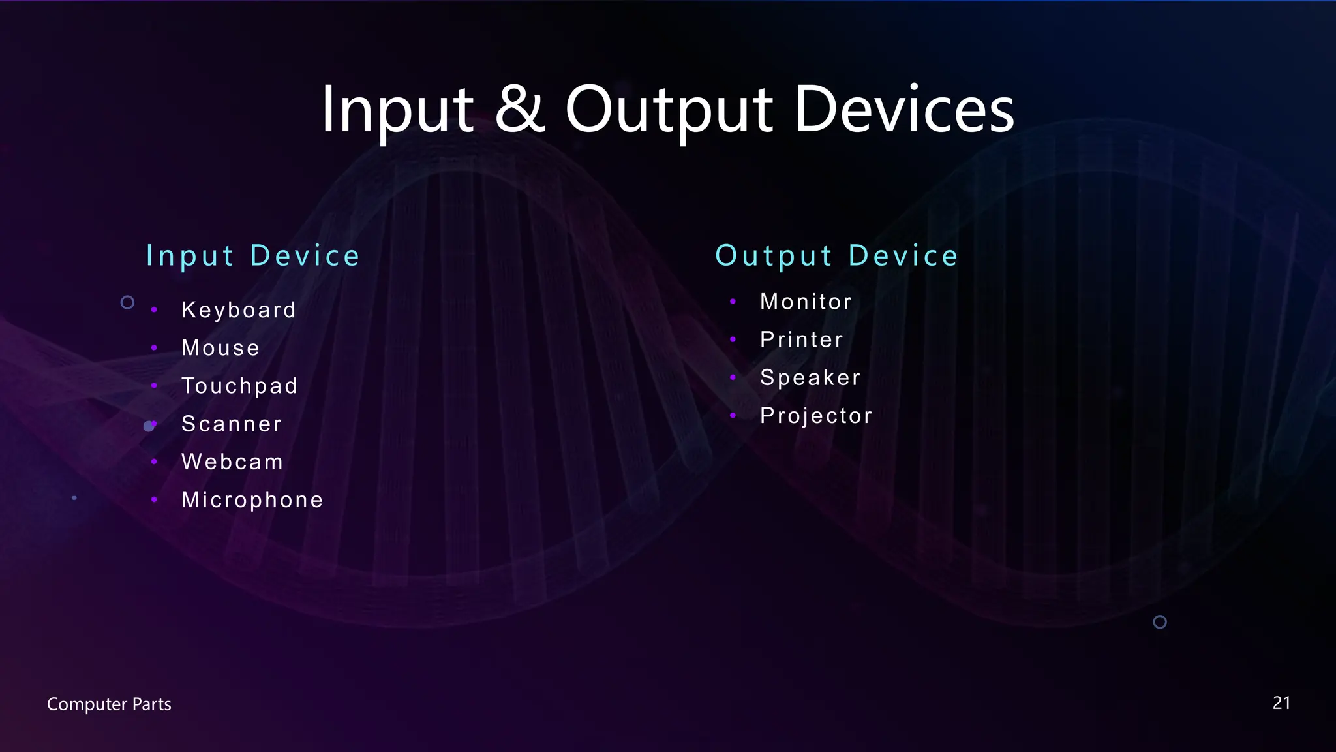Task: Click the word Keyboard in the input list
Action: coord(238,310)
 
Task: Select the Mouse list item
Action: coord(220,348)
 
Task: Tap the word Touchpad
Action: coord(239,386)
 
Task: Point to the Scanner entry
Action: coord(232,424)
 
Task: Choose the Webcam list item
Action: coord(232,462)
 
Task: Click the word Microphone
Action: coord(252,499)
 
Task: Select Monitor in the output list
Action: coord(806,302)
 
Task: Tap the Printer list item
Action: coord(802,339)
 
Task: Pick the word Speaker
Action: coord(810,377)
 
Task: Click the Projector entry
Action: coord(816,415)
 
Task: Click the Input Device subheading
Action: coord(252,255)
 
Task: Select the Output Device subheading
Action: coord(836,255)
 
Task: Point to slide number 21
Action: coord(1281,703)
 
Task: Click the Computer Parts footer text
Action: coord(109,704)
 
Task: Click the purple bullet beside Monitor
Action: coord(733,302)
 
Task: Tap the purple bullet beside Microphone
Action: coord(154,499)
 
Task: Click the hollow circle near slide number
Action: coord(1160,622)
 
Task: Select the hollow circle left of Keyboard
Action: coord(127,302)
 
